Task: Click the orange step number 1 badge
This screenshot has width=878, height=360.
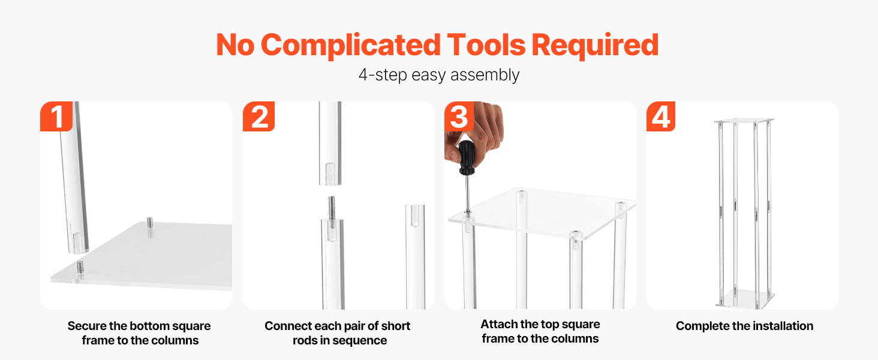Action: click(x=56, y=116)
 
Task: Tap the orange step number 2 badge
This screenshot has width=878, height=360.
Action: click(x=258, y=116)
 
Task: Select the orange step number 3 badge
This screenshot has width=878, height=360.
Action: click(x=459, y=116)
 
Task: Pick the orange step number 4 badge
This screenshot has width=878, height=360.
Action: click(x=661, y=116)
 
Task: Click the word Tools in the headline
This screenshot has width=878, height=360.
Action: click(x=486, y=45)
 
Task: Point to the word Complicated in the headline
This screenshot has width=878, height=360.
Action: click(x=351, y=46)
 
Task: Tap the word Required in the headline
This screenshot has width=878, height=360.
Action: click(x=595, y=46)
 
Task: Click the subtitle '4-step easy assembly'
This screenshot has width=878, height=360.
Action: click(x=439, y=74)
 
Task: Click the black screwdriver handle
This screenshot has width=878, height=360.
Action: click(x=467, y=158)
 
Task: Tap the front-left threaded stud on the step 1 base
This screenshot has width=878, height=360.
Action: click(x=80, y=268)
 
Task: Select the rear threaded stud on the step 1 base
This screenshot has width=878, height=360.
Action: click(x=150, y=223)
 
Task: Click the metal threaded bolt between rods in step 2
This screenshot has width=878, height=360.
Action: click(x=332, y=208)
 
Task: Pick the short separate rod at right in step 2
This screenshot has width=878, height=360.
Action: click(x=415, y=256)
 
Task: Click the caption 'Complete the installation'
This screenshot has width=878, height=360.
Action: click(x=744, y=326)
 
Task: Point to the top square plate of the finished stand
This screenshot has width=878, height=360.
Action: click(x=744, y=121)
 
